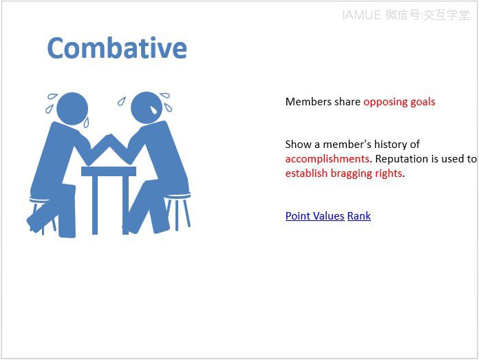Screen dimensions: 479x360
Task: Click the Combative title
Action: point(117,47)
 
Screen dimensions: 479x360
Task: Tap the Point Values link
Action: point(315,216)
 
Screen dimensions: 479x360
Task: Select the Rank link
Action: point(359,216)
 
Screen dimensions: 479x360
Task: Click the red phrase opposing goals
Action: point(399,102)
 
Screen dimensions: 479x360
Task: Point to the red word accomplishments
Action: point(327,158)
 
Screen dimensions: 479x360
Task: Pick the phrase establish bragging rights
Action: point(343,173)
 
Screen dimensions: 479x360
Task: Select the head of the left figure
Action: point(72,109)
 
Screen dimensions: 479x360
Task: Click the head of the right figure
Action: point(147,107)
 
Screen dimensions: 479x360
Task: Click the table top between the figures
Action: point(109,171)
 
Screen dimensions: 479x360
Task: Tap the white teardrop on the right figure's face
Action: point(153,109)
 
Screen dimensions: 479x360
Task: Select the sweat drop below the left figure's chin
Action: point(86,122)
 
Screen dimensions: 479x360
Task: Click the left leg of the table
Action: point(95,205)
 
